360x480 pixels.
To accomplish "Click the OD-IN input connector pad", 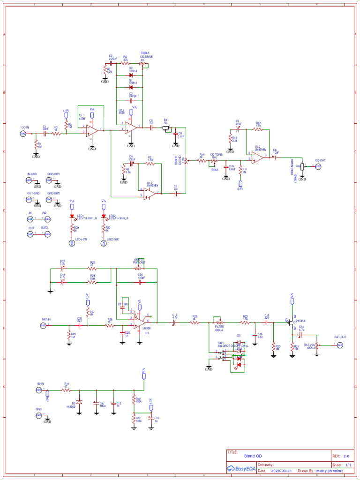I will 22,133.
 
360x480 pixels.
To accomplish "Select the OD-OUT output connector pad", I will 318,166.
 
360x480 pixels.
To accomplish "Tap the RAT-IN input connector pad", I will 43,325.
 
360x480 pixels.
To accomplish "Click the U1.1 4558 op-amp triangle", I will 92,130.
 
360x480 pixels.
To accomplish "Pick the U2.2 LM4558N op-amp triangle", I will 256,157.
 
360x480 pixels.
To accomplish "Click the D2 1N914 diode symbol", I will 131,75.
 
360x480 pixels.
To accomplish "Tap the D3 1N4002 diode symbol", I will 79,402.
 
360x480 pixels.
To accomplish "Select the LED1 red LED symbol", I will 72,217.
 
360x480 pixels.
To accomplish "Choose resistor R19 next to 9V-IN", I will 67,390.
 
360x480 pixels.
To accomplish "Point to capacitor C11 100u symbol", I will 96,403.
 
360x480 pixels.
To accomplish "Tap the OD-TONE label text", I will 216,154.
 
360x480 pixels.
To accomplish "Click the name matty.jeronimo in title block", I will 330,471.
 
